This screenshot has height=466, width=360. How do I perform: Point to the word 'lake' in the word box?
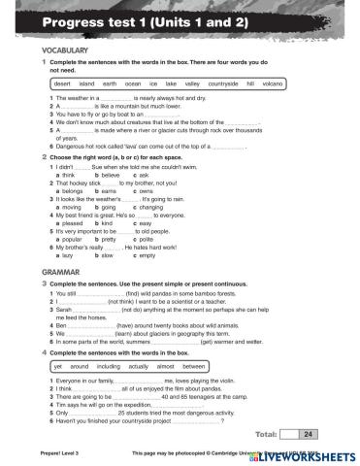tap(178, 84)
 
